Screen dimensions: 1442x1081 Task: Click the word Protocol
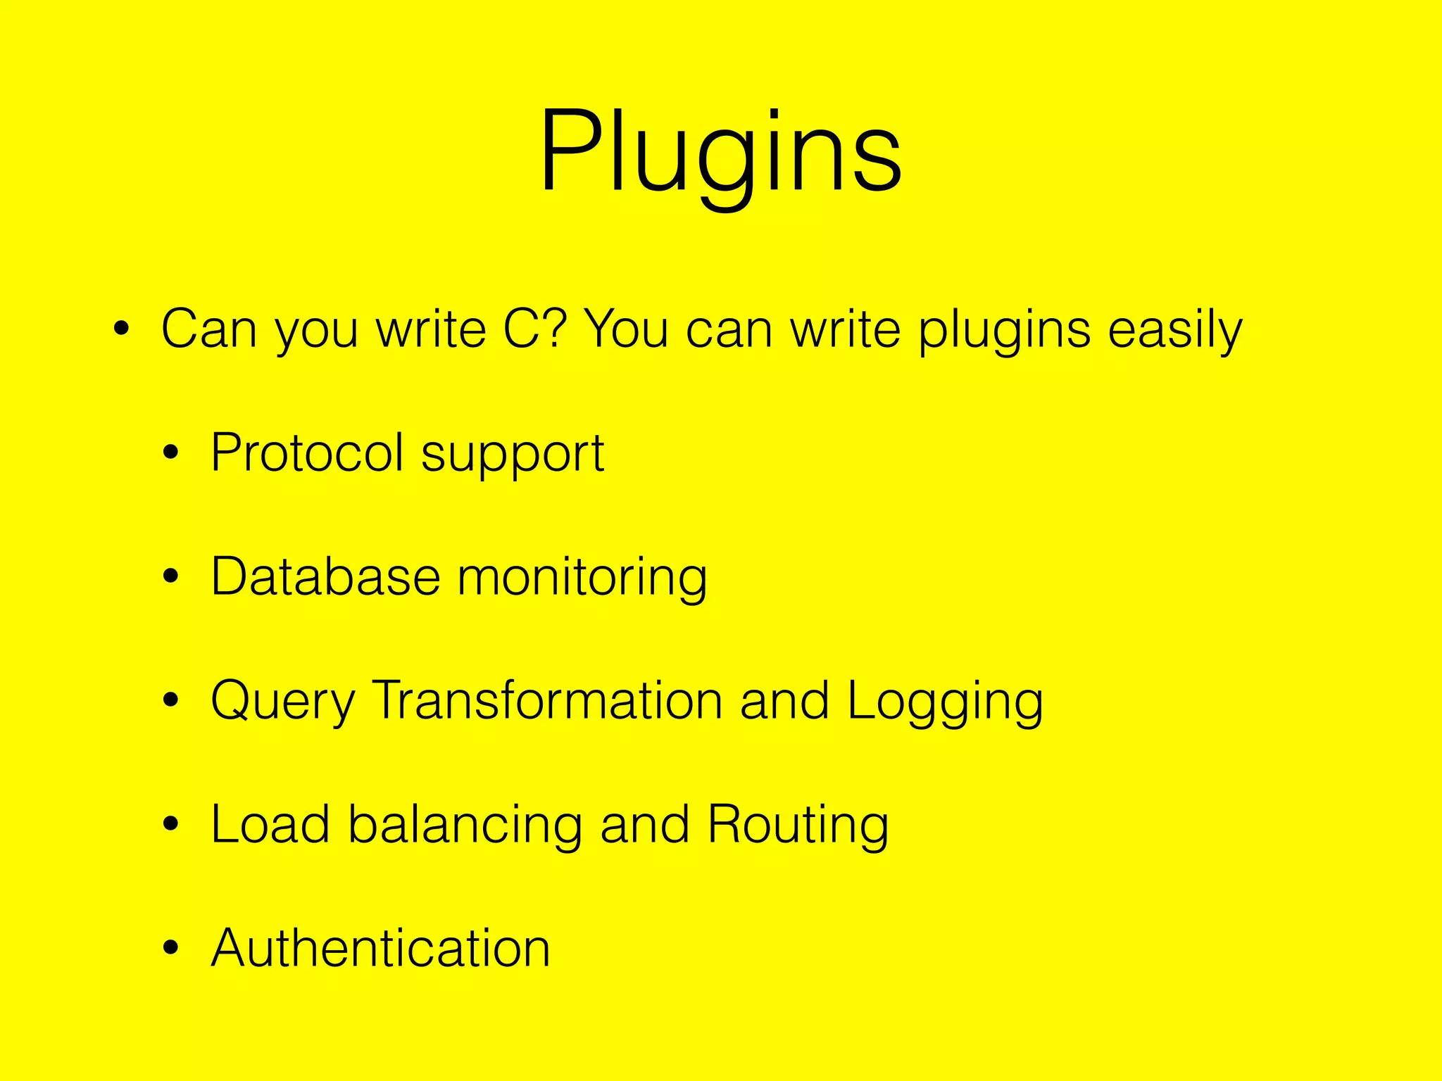click(x=307, y=453)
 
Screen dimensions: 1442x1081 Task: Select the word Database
click(x=325, y=576)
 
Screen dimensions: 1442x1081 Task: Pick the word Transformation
click(x=547, y=700)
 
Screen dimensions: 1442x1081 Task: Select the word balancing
click(x=465, y=827)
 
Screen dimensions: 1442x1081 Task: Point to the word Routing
click(x=798, y=827)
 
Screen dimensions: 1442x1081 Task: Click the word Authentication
click(x=380, y=949)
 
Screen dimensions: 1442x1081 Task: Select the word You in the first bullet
click(x=626, y=329)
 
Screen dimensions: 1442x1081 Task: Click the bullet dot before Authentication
click(x=170, y=948)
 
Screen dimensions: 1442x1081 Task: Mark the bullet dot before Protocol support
click(x=170, y=454)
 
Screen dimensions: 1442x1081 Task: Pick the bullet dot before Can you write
click(x=121, y=329)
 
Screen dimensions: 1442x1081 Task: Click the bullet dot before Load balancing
click(x=170, y=825)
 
